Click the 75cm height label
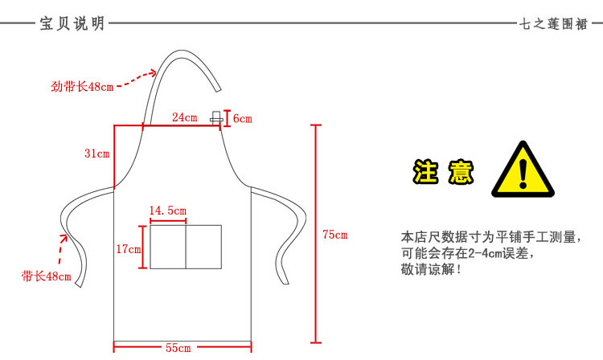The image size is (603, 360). (x=335, y=235)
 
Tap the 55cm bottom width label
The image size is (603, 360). (x=178, y=348)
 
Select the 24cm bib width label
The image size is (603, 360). (x=184, y=117)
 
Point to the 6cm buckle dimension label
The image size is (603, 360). (x=242, y=119)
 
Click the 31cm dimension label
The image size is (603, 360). (x=96, y=153)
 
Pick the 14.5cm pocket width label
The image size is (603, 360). (x=167, y=211)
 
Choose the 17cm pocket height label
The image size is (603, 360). (x=129, y=250)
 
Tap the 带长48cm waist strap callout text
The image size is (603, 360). (x=47, y=276)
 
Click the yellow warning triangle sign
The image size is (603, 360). (x=524, y=170)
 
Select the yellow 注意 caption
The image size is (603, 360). (x=443, y=171)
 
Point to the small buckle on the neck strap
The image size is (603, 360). (x=215, y=118)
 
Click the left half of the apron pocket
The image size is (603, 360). (x=168, y=246)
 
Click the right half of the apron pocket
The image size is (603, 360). (x=203, y=246)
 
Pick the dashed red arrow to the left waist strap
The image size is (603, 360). (x=63, y=251)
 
